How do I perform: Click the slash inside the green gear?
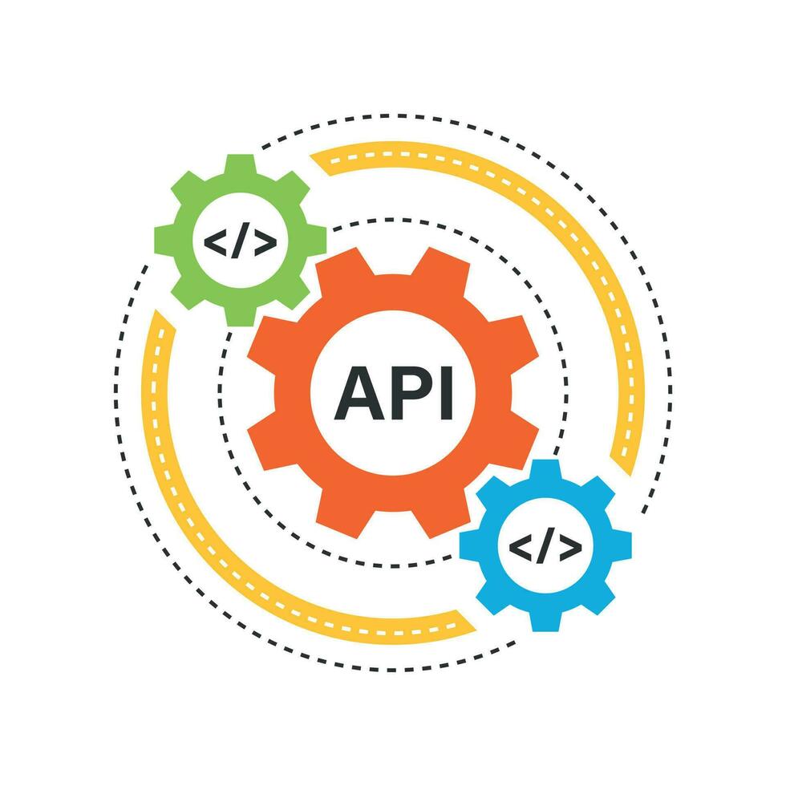pyautogui.click(x=241, y=241)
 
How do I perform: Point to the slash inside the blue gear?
pyautogui.click(x=545, y=547)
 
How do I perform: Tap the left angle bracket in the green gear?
pyautogui.click(x=216, y=242)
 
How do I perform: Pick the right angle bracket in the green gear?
pyautogui.click(x=265, y=242)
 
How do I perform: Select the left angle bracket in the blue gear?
pyautogui.click(x=521, y=547)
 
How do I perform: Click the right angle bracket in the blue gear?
pyautogui.click(x=570, y=547)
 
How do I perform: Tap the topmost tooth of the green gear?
pyautogui.click(x=241, y=164)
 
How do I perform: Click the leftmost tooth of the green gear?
pyautogui.click(x=164, y=240)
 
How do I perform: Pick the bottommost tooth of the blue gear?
pyautogui.click(x=545, y=621)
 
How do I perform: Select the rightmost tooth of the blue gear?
pyautogui.click(x=622, y=545)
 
